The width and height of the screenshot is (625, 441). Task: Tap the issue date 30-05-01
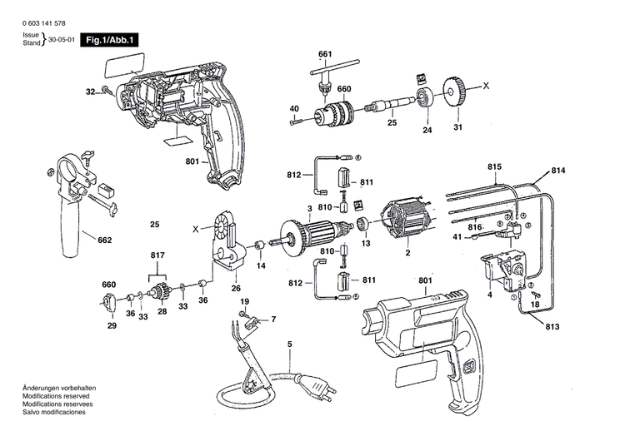62,40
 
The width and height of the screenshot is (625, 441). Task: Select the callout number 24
428,130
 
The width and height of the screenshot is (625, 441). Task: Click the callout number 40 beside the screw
294,109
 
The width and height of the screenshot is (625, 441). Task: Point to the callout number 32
89,92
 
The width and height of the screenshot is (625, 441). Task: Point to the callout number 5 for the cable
289,344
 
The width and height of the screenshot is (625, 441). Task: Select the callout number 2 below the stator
407,253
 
